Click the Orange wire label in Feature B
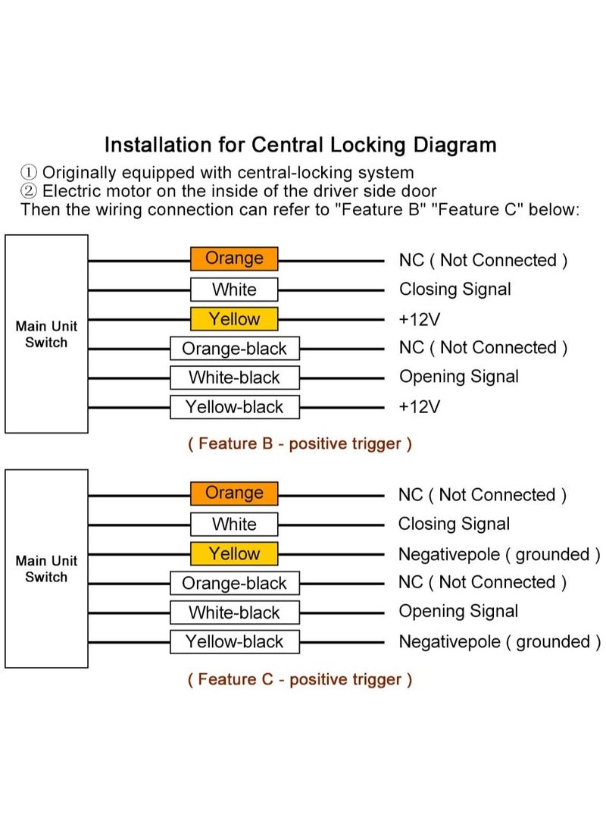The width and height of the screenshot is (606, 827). (x=234, y=258)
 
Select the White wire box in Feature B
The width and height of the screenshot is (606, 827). (x=234, y=290)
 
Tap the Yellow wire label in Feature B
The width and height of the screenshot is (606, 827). (x=234, y=319)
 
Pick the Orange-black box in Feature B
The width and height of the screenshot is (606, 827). (x=235, y=349)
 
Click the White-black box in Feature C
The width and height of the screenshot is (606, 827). (x=235, y=612)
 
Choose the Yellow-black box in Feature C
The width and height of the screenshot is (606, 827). (x=235, y=642)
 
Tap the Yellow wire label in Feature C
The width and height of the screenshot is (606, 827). (x=234, y=554)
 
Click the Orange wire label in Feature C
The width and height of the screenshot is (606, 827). (x=234, y=493)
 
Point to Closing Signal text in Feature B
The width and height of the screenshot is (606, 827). (x=455, y=290)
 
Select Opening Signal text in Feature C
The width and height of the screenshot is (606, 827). (x=458, y=611)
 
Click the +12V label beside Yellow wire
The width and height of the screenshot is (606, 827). (x=420, y=320)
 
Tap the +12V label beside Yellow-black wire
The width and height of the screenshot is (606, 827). (x=420, y=407)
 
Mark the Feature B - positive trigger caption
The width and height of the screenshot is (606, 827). (x=300, y=444)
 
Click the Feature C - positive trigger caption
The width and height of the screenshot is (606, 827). (x=300, y=679)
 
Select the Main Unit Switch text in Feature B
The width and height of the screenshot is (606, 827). (x=46, y=334)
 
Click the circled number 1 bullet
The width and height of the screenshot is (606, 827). (x=29, y=173)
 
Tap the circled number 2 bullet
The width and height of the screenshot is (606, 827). (x=29, y=191)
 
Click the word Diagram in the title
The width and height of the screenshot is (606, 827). (x=454, y=146)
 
